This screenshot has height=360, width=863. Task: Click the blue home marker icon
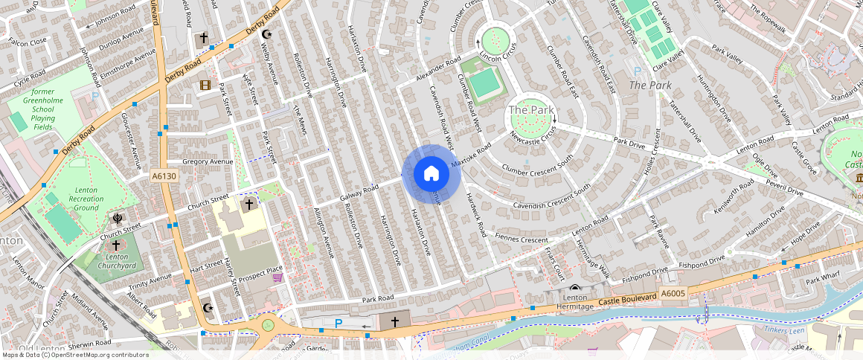(431, 173)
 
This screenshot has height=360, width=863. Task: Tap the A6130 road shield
(164, 176)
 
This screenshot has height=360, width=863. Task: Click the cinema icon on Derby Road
(205, 85)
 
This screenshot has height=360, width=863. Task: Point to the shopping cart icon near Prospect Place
(277, 278)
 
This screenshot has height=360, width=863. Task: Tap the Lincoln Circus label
(497, 57)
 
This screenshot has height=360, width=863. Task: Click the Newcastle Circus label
(533, 137)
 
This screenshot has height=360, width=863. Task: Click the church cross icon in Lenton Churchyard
(115, 245)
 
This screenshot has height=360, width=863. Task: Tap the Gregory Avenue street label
(208, 161)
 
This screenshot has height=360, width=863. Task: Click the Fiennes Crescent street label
(521, 239)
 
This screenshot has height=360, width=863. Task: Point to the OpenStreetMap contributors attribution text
(74, 355)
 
